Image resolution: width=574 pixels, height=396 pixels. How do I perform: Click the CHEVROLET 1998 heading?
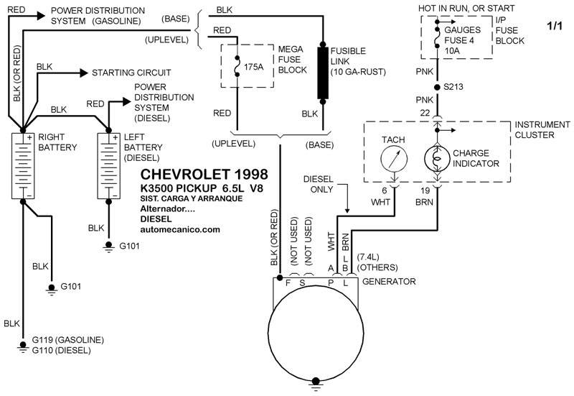pyautogui.click(x=204, y=175)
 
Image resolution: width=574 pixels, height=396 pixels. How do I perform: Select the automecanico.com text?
pyautogui.click(x=182, y=230)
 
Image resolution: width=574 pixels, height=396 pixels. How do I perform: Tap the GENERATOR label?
pyautogui.click(x=389, y=282)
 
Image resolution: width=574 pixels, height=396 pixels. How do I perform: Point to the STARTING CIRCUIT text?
pyautogui.click(x=130, y=73)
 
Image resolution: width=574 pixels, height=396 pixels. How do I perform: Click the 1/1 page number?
pyautogui.click(x=555, y=26)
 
